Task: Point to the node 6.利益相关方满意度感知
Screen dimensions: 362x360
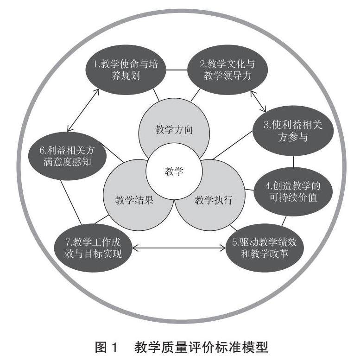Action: click(x=66, y=157)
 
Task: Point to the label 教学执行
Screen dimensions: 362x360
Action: click(x=213, y=200)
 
